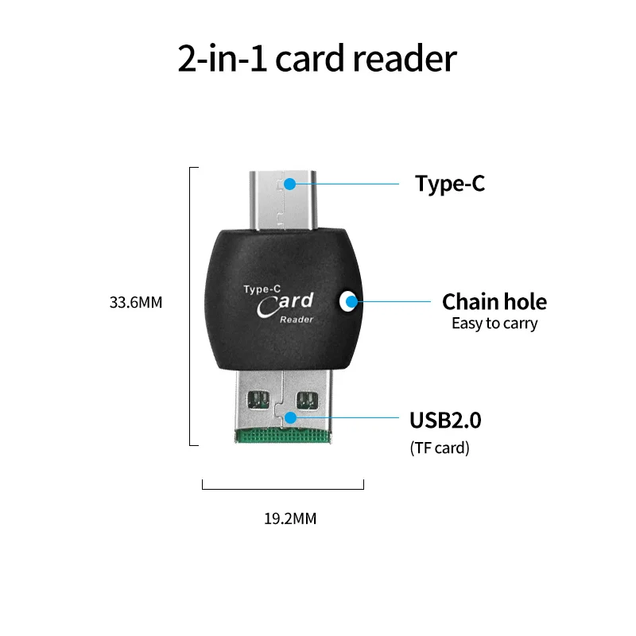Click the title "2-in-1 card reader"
317,60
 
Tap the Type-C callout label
450,184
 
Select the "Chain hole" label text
494,302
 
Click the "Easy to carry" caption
494,324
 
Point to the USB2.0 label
445,420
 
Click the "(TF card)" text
440,448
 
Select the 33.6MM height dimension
136,302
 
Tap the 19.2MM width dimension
290,519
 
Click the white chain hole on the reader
347,302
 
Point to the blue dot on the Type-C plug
290,184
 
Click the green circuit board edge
282,436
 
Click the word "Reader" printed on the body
297,320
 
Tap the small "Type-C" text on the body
261,289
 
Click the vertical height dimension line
190,306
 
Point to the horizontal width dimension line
283,488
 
